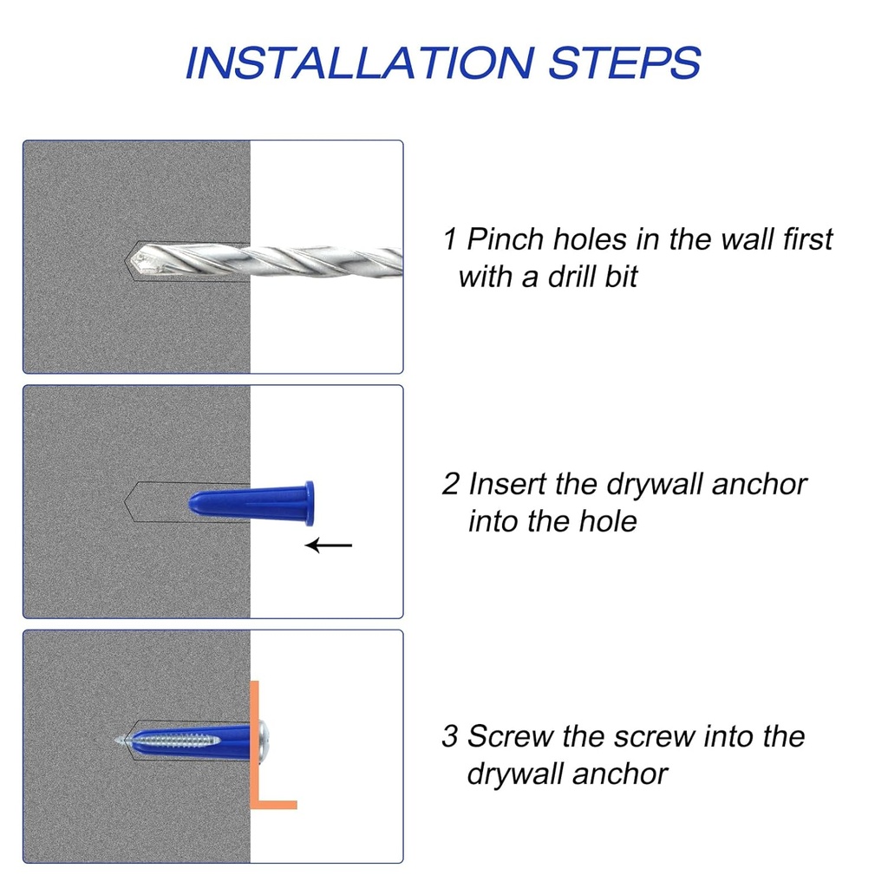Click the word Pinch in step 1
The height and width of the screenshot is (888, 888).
(506, 238)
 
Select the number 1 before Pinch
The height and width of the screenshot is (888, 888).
(450, 238)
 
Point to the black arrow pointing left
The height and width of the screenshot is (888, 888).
(330, 545)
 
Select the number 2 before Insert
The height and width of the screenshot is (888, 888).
(451, 483)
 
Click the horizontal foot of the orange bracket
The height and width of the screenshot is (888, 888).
(276, 805)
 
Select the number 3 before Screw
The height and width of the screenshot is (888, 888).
(450, 736)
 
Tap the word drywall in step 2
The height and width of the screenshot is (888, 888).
(654, 483)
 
